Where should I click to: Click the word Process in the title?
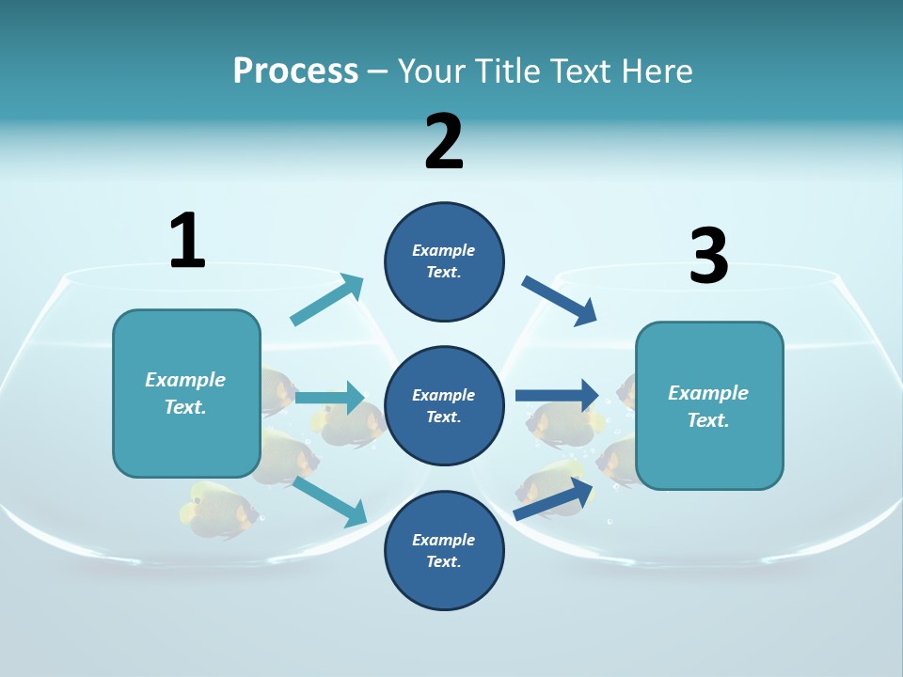tap(295, 71)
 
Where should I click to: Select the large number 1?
tap(187, 241)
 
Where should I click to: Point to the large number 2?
tap(444, 142)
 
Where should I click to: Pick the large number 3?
tap(708, 256)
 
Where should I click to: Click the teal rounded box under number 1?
tap(186, 393)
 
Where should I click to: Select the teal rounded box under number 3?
tap(709, 406)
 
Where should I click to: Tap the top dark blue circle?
tap(444, 261)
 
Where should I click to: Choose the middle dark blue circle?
tap(444, 406)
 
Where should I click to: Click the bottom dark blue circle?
tap(444, 551)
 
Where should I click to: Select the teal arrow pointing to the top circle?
tap(326, 301)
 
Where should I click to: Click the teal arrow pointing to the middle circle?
tap(328, 398)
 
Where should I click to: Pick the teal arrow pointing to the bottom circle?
tap(329, 501)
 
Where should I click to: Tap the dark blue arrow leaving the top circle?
tap(559, 301)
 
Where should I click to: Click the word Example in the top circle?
tap(444, 250)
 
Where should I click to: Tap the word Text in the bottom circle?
tap(442, 562)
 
